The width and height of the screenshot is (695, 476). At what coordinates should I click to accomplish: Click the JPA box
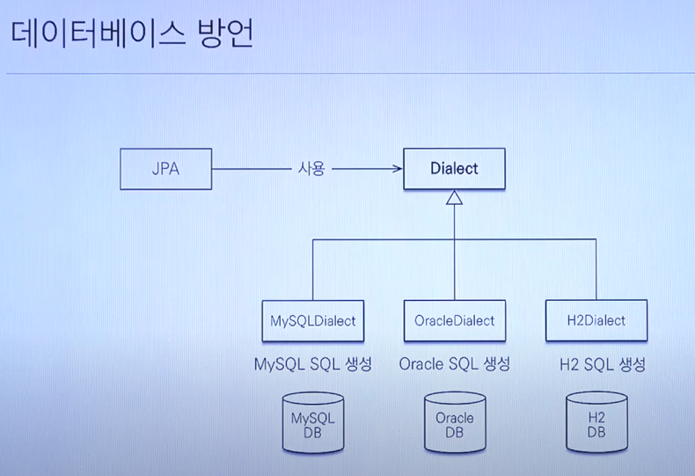tap(165, 168)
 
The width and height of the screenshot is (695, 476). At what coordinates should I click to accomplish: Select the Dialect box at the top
tap(454, 168)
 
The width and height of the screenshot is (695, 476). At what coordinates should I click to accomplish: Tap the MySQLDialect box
tap(313, 320)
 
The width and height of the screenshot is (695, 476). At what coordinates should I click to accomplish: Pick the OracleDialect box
tap(454, 320)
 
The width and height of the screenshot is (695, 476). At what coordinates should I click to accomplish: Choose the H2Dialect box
tap(596, 320)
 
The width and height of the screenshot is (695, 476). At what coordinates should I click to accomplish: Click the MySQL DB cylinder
tap(313, 424)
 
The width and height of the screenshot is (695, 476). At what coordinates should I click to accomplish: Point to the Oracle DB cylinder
tap(454, 424)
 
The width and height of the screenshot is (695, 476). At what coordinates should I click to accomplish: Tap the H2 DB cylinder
tap(596, 424)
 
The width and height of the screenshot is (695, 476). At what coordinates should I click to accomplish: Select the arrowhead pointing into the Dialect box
tap(395, 168)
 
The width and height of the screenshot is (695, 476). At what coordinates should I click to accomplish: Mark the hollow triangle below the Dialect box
tap(454, 199)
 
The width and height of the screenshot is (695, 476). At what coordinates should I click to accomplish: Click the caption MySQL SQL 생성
tap(312, 364)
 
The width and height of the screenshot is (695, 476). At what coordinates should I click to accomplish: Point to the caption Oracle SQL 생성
tap(454, 364)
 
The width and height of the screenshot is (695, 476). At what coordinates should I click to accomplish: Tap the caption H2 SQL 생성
tap(603, 364)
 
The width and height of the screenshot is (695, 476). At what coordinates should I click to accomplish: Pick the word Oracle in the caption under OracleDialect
tap(421, 364)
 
